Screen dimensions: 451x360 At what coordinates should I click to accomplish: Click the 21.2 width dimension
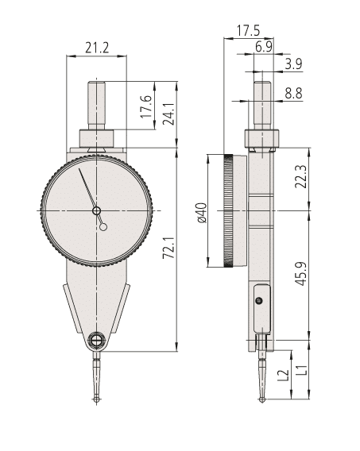[x=98, y=48]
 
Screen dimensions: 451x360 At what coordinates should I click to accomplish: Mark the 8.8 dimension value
[x=293, y=93]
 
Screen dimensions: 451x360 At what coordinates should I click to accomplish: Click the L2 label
[x=283, y=375]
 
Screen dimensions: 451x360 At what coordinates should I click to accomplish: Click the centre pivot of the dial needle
[x=97, y=211]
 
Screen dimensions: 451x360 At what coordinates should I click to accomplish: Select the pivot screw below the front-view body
[x=96, y=341]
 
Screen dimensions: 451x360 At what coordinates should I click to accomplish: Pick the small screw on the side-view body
[x=257, y=301]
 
